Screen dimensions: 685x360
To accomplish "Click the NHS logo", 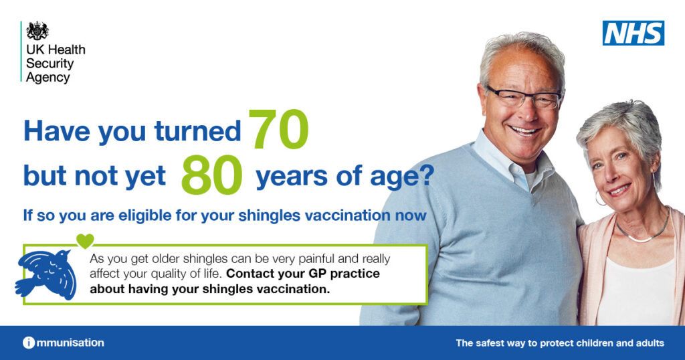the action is coord(633,33).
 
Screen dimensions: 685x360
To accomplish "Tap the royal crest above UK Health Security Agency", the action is coord(37,31).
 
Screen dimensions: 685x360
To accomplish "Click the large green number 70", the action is coord(279,129).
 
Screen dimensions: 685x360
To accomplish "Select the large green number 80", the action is coord(211,175).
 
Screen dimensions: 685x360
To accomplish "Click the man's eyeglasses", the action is coord(524,98).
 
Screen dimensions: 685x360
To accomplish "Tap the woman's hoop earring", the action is coord(600,198).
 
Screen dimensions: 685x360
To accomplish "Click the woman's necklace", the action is coord(643,234).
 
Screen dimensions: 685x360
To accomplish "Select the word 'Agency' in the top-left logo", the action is coord(47,78).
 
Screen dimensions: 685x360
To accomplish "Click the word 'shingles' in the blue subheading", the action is coord(269,215).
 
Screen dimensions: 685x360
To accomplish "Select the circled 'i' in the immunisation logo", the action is coord(28,343).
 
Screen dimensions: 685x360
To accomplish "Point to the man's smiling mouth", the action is coord(524,130).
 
